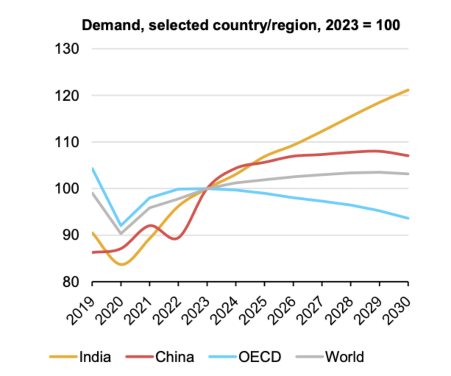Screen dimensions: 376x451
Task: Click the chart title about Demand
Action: pyautogui.click(x=240, y=25)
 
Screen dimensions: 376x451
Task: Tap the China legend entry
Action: pyautogui.click(x=174, y=356)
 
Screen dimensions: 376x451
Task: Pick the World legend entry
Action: pyautogui.click(x=344, y=356)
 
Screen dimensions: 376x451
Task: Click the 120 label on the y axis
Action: pyautogui.click(x=66, y=96)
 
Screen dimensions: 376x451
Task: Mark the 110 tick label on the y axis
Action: pyautogui.click(x=66, y=142)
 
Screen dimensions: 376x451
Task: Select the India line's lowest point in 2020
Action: pyautogui.click(x=121, y=265)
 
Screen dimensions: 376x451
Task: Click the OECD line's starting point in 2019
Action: pyautogui.click(x=92, y=168)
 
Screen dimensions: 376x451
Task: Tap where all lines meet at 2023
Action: pyautogui.click(x=207, y=188)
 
